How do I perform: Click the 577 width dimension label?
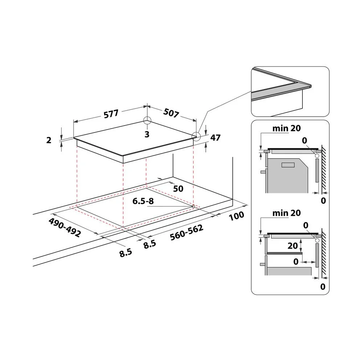[111, 114]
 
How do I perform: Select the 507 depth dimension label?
[171, 114]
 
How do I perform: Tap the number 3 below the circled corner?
[147, 134]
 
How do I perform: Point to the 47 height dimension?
[215, 138]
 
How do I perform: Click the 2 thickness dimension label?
[49, 140]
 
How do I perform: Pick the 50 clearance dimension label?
[178, 189]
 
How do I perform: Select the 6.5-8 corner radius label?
[143, 201]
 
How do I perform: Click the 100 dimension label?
[237, 216]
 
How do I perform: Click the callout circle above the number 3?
[147, 121]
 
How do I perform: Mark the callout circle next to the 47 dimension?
[196, 136]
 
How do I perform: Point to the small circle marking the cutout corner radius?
[193, 207]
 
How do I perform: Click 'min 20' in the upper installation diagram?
[286, 128]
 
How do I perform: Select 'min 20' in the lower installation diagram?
[286, 213]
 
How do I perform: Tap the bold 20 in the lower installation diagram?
[293, 246]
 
